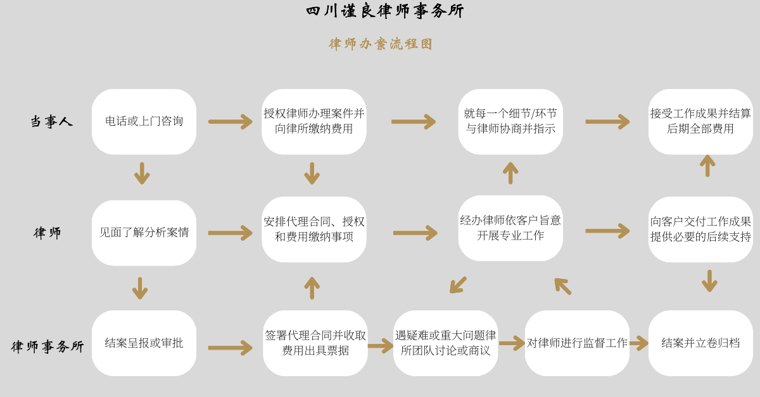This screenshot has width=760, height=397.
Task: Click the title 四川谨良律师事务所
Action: pyautogui.click(x=385, y=11)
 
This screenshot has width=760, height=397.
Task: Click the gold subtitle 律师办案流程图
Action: pyautogui.click(x=381, y=44)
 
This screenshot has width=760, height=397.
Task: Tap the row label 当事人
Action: pyautogui.click(x=51, y=121)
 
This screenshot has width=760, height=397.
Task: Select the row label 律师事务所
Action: pyautogui.click(x=47, y=346)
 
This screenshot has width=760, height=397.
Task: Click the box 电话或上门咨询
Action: pyautogui.click(x=144, y=122)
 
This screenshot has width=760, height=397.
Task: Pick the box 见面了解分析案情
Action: pyautogui.click(x=144, y=233)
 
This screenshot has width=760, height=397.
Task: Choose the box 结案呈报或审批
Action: pyautogui.click(x=144, y=343)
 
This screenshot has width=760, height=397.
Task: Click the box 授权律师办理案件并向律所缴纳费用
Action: pyautogui.click(x=314, y=122)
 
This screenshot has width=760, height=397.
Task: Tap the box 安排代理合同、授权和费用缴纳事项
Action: pyautogui.click(x=314, y=229)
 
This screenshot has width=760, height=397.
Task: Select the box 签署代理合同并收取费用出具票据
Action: pyautogui.click(x=315, y=343)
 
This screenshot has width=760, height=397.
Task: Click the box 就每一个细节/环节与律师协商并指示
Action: pyautogui.click(x=510, y=122)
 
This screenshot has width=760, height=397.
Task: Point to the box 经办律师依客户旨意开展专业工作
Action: pyautogui.click(x=510, y=228)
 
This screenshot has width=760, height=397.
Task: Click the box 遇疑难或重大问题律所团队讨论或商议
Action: pyautogui.click(x=445, y=343)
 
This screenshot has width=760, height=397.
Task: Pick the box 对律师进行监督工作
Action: pyautogui.click(x=577, y=343)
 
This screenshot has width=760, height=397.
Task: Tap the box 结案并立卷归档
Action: pyautogui.click(x=700, y=343)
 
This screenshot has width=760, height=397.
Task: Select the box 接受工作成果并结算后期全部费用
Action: pyautogui.click(x=700, y=122)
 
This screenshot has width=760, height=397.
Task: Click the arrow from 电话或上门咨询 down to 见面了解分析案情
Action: pyautogui.click(x=142, y=173)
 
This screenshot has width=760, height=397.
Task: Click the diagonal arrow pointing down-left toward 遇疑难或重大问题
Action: pyautogui.click(x=458, y=285)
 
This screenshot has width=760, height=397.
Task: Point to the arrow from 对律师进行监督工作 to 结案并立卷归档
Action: pyautogui.click(x=639, y=343)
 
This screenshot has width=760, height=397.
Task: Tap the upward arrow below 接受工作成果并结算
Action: pyautogui.click(x=708, y=166)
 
